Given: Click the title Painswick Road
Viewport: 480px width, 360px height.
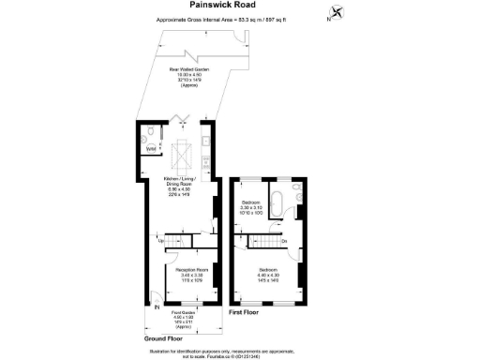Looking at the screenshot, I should pyautogui.click(x=239, y=6).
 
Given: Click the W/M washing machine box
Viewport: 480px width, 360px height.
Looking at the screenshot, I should pyautogui.click(x=151, y=148).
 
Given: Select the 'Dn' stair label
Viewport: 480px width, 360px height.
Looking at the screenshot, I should pyautogui.click(x=284, y=242).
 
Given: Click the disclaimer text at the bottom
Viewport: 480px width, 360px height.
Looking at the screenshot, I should pyautogui.click(x=239, y=352).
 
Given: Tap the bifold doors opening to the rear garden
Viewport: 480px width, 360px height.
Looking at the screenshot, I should pyautogui.click(x=184, y=119).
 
